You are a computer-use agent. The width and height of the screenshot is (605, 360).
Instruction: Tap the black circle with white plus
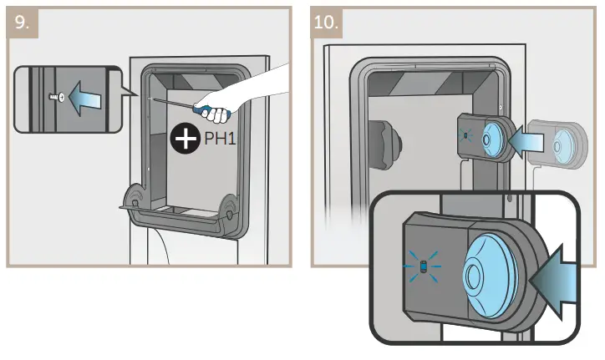click(x=186, y=139)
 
